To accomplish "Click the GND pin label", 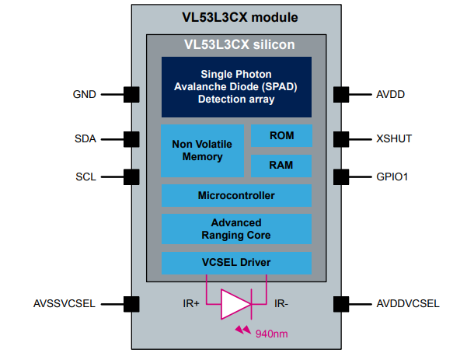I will pyautogui.click(x=84, y=95).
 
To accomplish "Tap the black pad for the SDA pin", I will pyautogui.click(x=131, y=139).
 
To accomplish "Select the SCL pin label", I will pyautogui.click(x=86, y=177).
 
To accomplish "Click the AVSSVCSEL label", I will pyautogui.click(x=64, y=303).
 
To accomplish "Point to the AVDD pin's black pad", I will pyautogui.click(x=340, y=95).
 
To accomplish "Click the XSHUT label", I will pyautogui.click(x=393, y=139).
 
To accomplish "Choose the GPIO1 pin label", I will pyautogui.click(x=392, y=177).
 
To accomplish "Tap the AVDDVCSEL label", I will pyautogui.click(x=407, y=303).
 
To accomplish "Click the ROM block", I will pyautogui.click(x=281, y=135).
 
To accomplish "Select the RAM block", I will pyautogui.click(x=281, y=166).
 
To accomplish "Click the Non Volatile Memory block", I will pyautogui.click(x=202, y=150).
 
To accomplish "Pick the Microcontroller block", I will pyautogui.click(x=236, y=194).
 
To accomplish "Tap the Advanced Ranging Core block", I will pyautogui.click(x=236, y=229).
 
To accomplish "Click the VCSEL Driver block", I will pyautogui.click(x=236, y=263).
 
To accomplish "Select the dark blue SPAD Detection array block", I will pyautogui.click(x=236, y=86).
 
